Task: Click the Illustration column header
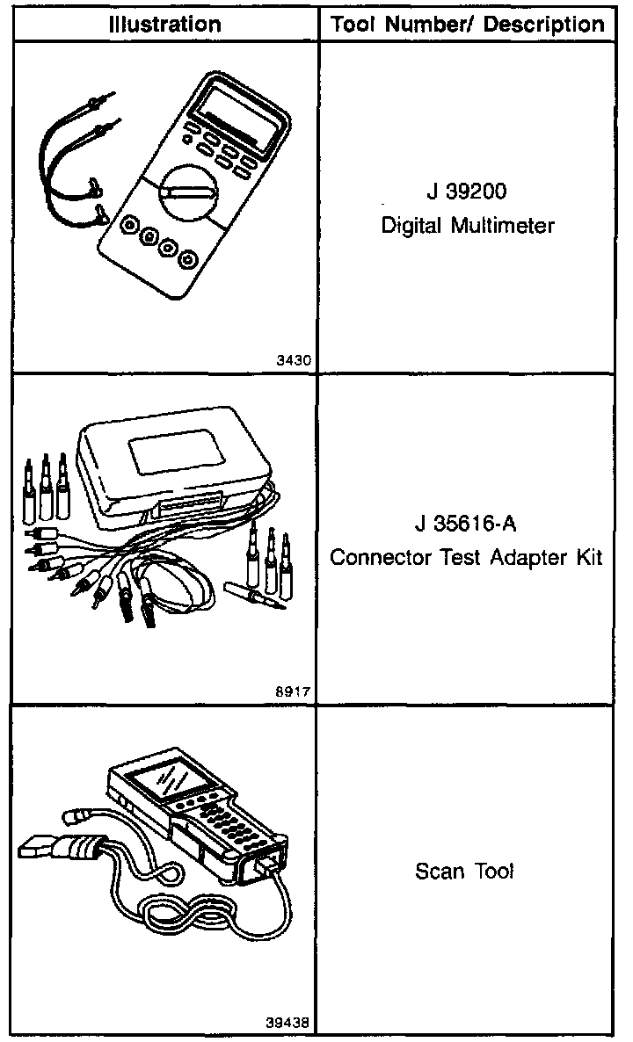click(x=164, y=24)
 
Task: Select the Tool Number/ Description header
click(x=468, y=24)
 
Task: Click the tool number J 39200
click(x=467, y=192)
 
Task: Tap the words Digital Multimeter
click(x=468, y=226)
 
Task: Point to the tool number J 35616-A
click(x=466, y=525)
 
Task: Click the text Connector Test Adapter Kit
click(x=467, y=558)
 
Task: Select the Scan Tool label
click(x=463, y=872)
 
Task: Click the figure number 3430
click(x=295, y=360)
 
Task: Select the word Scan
click(x=437, y=872)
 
